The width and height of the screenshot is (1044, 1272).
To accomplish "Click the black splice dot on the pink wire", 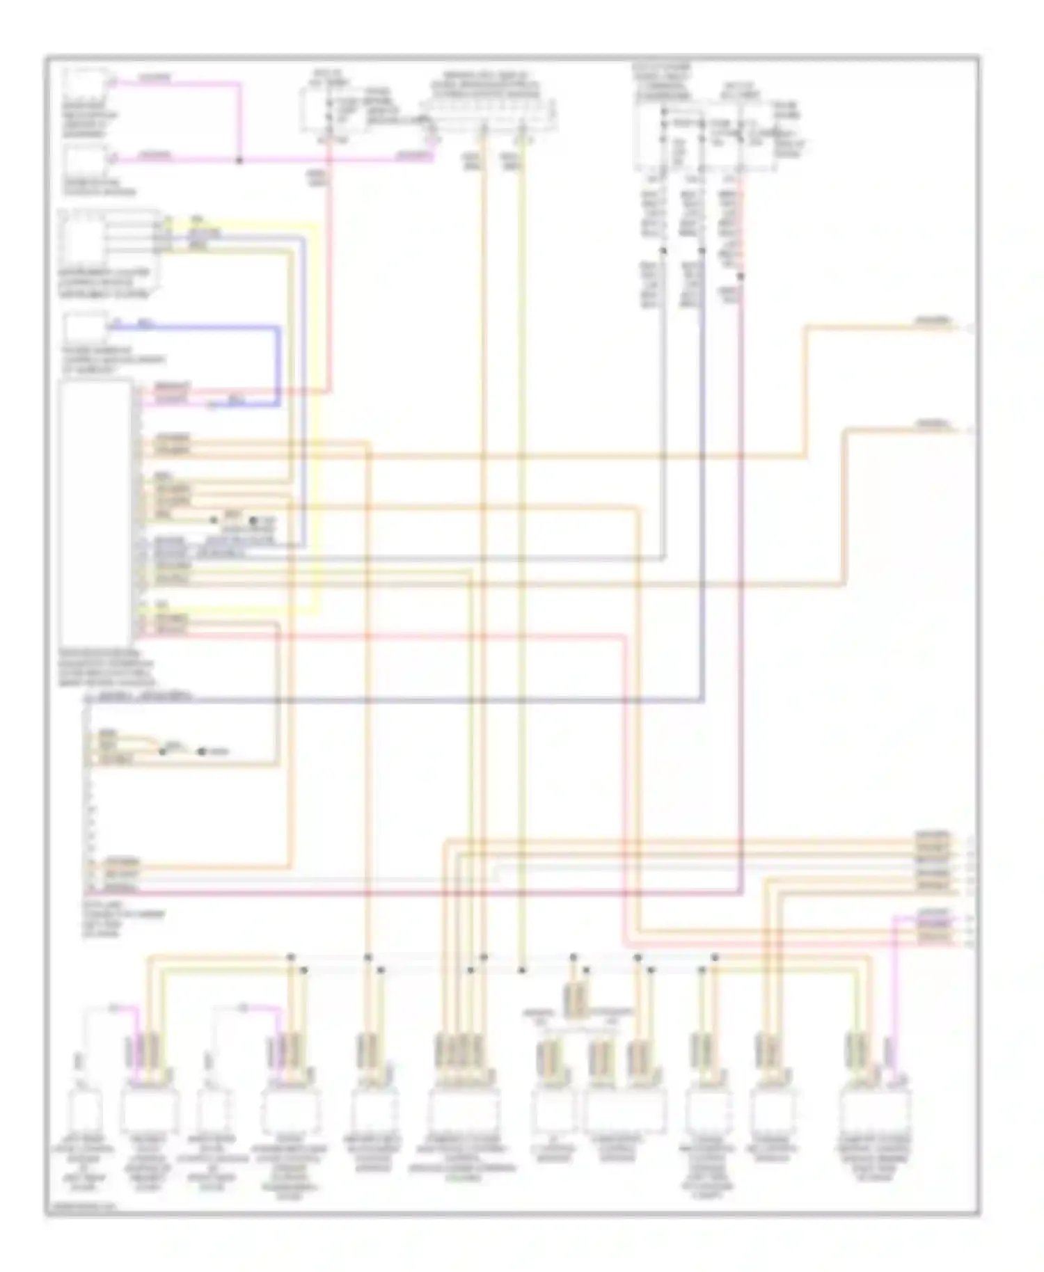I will coord(239,161).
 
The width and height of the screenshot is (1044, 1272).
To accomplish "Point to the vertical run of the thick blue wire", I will coord(280,365).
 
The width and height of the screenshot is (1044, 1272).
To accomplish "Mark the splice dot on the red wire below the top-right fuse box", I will coord(741,276).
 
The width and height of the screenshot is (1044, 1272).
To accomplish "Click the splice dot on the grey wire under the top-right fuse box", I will coord(663,250).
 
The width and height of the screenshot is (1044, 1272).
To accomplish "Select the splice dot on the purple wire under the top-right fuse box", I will coord(702,250).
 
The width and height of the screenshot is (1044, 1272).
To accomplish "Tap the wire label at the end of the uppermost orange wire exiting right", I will coord(933,322).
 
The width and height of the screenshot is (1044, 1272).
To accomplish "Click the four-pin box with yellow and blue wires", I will coord(84,237).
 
